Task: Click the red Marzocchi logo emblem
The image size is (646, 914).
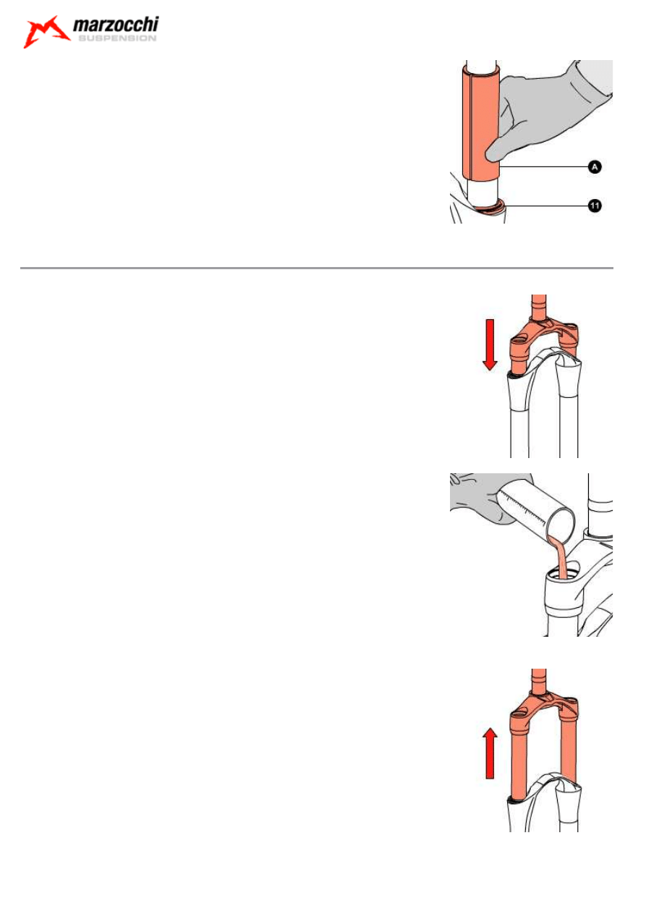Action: (46, 32)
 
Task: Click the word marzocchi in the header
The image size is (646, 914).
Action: (116, 25)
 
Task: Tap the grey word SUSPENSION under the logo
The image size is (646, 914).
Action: (117, 38)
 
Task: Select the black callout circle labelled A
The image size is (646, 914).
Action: (595, 167)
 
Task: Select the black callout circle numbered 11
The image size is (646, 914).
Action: (595, 206)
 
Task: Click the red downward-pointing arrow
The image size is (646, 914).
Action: (490, 344)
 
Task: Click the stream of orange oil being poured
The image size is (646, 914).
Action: (559, 558)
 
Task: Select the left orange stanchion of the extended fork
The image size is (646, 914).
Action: (519, 762)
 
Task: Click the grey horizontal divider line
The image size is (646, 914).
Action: (317, 268)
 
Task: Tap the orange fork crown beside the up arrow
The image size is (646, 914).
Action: (543, 708)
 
